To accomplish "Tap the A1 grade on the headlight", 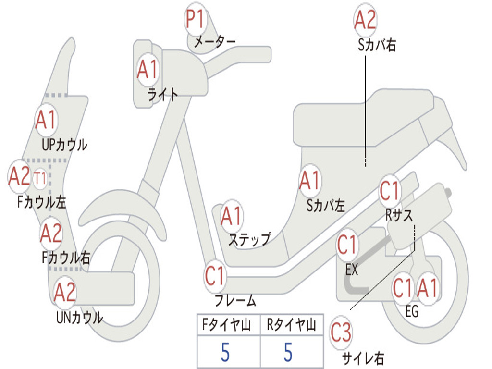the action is pyautogui.click(x=147, y=70).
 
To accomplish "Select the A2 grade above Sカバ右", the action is pyautogui.click(x=365, y=21).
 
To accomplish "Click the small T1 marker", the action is pyautogui.click(x=40, y=179).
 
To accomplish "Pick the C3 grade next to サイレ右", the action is pyautogui.click(x=341, y=333).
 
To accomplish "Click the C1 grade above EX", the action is pyautogui.click(x=347, y=246).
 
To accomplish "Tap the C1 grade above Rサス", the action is pyautogui.click(x=390, y=191).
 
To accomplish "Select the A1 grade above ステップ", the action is pyautogui.click(x=232, y=217).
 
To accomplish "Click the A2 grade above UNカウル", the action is pyautogui.click(x=65, y=293).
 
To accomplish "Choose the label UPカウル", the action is pyautogui.click(x=64, y=144).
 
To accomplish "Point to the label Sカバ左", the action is pyautogui.click(x=326, y=206).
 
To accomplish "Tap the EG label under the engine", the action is pyautogui.click(x=412, y=311).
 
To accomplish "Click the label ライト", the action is pyautogui.click(x=163, y=94).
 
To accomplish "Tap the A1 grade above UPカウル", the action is pyautogui.click(x=46, y=120).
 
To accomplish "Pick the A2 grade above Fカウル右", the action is pyautogui.click(x=51, y=234).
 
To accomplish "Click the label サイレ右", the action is pyautogui.click(x=363, y=358).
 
